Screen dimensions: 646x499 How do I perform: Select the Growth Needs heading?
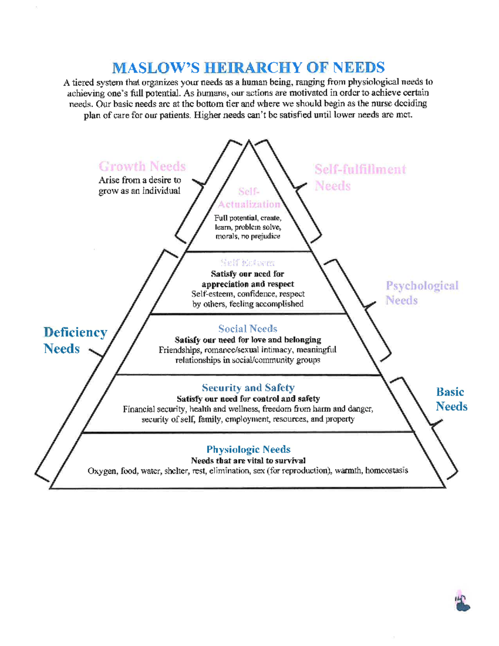142,166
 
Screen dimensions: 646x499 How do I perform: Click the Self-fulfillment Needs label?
360,177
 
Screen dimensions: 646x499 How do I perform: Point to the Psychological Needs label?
422,293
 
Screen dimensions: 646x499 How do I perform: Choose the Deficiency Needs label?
75,340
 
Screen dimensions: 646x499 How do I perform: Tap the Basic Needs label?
451,399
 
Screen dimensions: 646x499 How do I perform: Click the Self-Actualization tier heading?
249,198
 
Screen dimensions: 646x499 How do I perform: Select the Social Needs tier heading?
248,329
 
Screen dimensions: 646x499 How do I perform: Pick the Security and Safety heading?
248,388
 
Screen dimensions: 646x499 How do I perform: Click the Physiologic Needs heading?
248,449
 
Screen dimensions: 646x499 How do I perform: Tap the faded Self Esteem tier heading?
248,262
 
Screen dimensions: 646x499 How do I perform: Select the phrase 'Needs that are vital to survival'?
248,460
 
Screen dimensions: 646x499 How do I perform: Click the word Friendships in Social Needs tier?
180,350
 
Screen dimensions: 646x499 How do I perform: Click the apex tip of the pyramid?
249,141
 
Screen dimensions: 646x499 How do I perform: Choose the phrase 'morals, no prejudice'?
248,236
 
